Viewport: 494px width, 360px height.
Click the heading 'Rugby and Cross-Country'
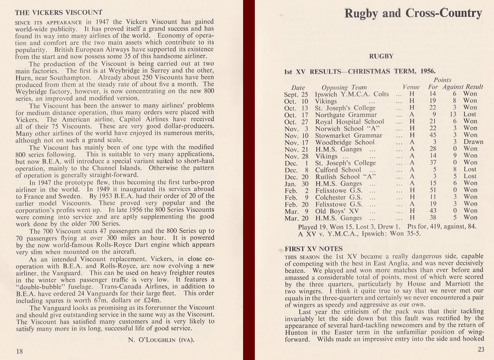[x=413, y=13]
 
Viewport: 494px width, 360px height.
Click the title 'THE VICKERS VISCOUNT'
[x=58, y=12]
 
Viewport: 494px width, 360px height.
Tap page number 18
[x=19, y=351]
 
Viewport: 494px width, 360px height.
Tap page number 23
[x=481, y=349]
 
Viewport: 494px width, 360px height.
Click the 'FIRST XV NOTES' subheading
[x=314, y=249]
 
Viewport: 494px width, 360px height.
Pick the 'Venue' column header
[x=411, y=87]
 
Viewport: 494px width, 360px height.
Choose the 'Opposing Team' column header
[x=344, y=87]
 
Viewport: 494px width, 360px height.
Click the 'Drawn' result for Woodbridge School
[x=473, y=142]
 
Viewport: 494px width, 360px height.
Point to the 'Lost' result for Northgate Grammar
[x=470, y=115]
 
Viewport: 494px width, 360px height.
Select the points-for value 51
[x=432, y=190]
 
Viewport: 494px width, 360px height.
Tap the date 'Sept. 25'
[x=296, y=94]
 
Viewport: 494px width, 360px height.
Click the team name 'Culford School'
[x=338, y=170]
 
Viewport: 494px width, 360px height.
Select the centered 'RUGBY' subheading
[x=381, y=56]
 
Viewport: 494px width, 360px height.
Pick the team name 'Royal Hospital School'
[x=350, y=122]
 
